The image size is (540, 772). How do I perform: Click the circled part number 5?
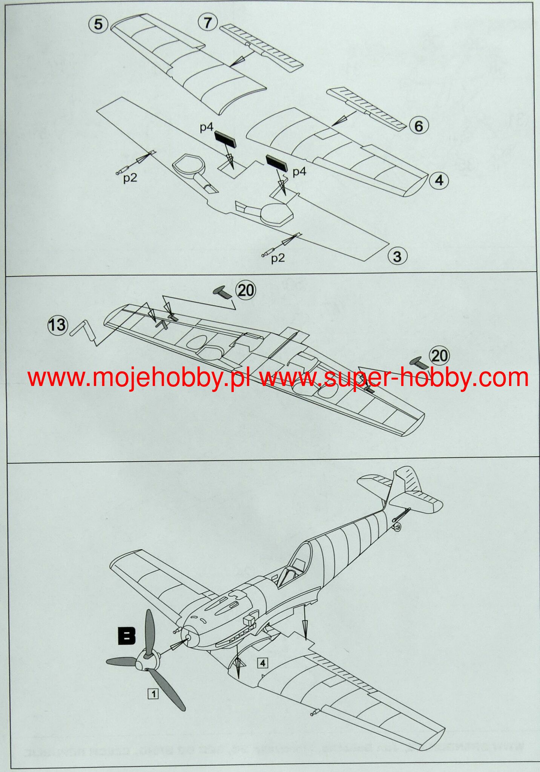click(x=98, y=24)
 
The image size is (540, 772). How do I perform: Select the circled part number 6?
click(x=419, y=126)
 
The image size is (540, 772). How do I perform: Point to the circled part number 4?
click(x=439, y=180)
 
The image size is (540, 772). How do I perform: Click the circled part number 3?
click(x=397, y=257)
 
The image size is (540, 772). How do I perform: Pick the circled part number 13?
click(x=57, y=325)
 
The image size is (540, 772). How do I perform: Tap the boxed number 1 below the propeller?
click(x=153, y=693)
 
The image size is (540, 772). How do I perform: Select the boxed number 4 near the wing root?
click(x=263, y=663)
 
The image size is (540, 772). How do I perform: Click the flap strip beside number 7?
click(x=260, y=46)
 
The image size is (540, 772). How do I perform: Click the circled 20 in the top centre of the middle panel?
click(x=245, y=290)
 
